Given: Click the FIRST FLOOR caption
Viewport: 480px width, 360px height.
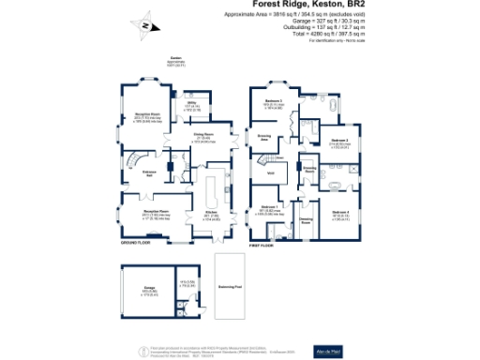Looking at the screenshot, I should click(262, 245).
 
